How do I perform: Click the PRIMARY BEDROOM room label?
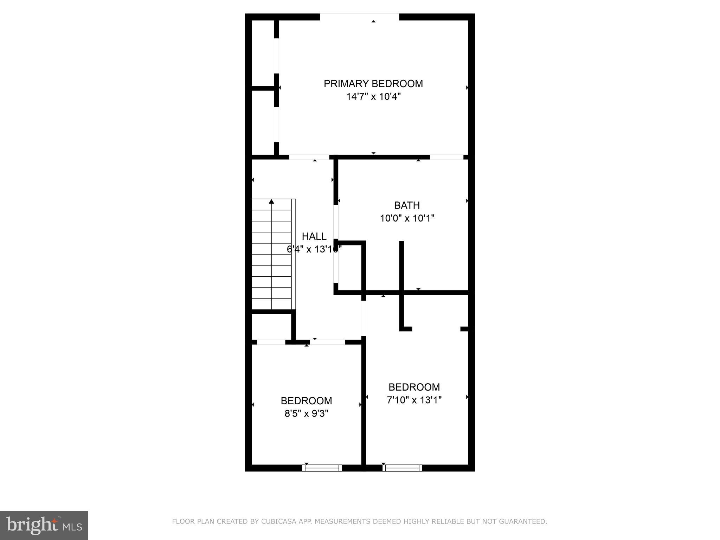373,84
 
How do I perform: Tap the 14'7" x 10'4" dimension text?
373,97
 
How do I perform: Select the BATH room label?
407,205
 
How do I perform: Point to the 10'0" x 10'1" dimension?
407,218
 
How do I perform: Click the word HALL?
314,236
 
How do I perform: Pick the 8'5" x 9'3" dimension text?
306,414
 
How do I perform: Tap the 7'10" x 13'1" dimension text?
414,400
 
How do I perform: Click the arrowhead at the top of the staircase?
271,201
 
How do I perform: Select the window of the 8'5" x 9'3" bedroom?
322,468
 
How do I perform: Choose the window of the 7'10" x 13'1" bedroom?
402,468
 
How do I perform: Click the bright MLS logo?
44,525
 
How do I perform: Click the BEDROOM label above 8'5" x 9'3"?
306,401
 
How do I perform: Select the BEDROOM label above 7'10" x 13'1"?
414,387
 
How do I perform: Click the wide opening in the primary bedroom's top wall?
359,17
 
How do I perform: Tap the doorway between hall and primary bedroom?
309,157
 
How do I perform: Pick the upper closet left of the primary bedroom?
263,53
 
